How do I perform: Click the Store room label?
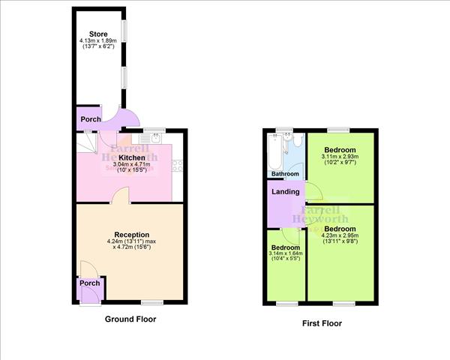point(98,34)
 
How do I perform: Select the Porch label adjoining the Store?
point(90,119)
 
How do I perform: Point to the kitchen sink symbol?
point(154,137)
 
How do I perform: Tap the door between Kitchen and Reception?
point(119,196)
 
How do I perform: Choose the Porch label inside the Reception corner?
point(89,283)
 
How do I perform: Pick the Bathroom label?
point(285,174)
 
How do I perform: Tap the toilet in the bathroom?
point(296,142)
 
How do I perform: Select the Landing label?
point(286,192)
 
